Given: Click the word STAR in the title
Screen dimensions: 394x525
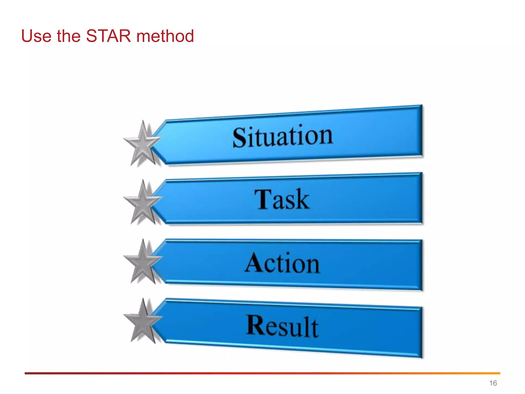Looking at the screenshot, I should (108, 36).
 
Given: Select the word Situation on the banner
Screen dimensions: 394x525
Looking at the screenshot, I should (282, 136).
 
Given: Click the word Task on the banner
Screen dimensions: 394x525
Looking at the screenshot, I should (282, 200).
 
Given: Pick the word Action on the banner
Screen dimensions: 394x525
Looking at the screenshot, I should (282, 263).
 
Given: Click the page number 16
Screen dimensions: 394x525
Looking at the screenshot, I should (493, 383).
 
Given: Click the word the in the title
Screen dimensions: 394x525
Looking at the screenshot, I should (68, 36).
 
